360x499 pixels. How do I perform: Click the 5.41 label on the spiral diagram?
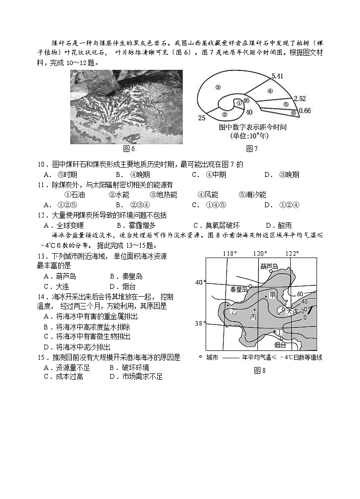277,76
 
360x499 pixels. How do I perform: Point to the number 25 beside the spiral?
201,118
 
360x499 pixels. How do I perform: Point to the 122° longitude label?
292,254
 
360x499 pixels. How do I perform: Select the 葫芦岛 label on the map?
269,266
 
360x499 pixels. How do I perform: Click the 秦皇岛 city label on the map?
239,289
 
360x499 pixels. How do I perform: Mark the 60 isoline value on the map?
300,294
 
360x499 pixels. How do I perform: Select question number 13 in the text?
42,257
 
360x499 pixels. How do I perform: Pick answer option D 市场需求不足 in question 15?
136,376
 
